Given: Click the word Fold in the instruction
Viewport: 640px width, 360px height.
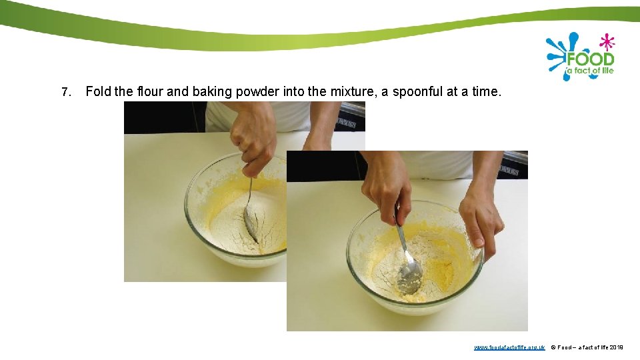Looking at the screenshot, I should point(98,91).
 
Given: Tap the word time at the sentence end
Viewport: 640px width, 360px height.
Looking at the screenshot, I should point(485,91).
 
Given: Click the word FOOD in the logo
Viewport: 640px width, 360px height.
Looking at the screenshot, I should point(589,59).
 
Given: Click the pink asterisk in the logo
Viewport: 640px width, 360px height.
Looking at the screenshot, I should point(606,42).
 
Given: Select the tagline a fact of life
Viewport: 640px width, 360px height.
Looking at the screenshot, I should point(589,71).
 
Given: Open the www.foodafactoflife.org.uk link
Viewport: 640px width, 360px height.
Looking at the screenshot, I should point(509,347).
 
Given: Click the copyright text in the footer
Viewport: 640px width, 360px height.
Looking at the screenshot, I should point(587,347).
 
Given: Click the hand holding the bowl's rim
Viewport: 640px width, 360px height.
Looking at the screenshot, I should point(481,220).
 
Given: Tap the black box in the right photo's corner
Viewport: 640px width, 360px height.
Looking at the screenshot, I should point(515,167).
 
